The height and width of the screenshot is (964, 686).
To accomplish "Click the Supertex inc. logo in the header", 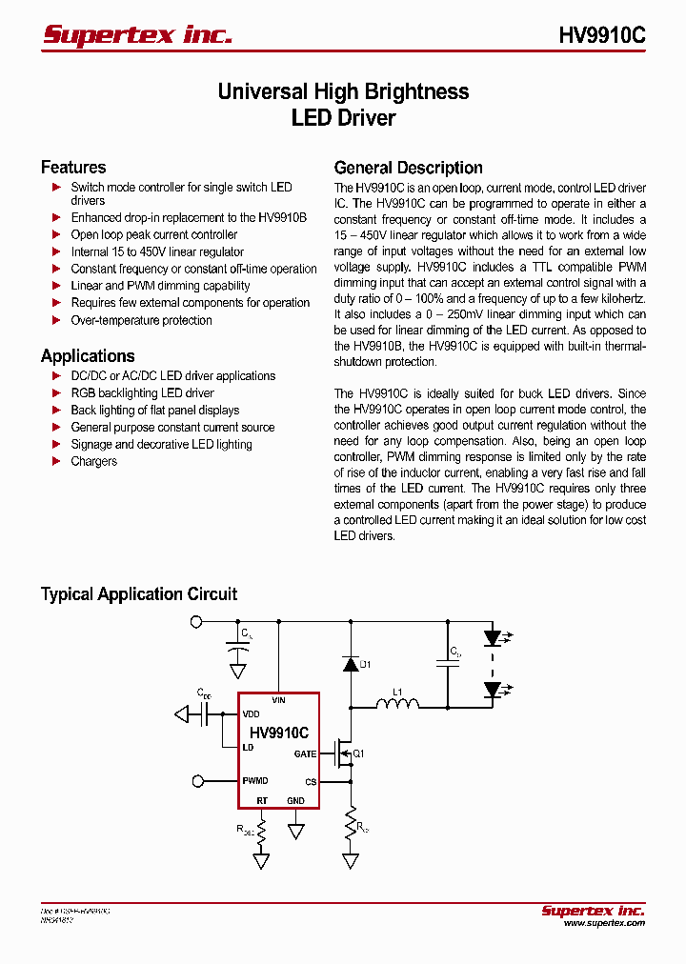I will point(137,35).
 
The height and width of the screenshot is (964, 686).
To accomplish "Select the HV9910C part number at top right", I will point(601,35).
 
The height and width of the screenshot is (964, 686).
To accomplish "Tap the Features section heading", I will point(73,168).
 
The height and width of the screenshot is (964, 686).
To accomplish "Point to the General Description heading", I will point(408,168).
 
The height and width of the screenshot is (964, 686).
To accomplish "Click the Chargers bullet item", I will point(93,462).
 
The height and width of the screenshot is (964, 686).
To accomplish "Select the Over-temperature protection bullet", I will point(141,320).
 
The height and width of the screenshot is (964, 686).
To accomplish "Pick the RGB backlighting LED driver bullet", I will point(142,393).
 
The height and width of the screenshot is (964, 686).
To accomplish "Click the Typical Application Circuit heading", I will point(139,594).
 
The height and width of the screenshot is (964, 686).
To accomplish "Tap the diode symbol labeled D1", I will point(351,664).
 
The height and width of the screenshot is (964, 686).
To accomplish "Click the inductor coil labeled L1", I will point(397,706).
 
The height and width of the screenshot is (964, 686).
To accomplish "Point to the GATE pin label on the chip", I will point(305,753).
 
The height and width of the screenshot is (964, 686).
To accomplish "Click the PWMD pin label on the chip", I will point(254,781).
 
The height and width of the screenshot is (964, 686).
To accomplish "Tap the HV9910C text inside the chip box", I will point(278,733).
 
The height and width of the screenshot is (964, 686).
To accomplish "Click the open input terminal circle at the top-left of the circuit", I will point(197,622).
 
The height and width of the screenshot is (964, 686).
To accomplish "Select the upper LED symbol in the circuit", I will point(493,637).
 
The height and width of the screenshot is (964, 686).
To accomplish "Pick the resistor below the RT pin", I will point(260,830).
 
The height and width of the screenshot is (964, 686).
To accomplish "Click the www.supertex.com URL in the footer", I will point(604,923).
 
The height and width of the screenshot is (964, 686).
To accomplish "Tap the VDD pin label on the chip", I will point(251,714).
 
